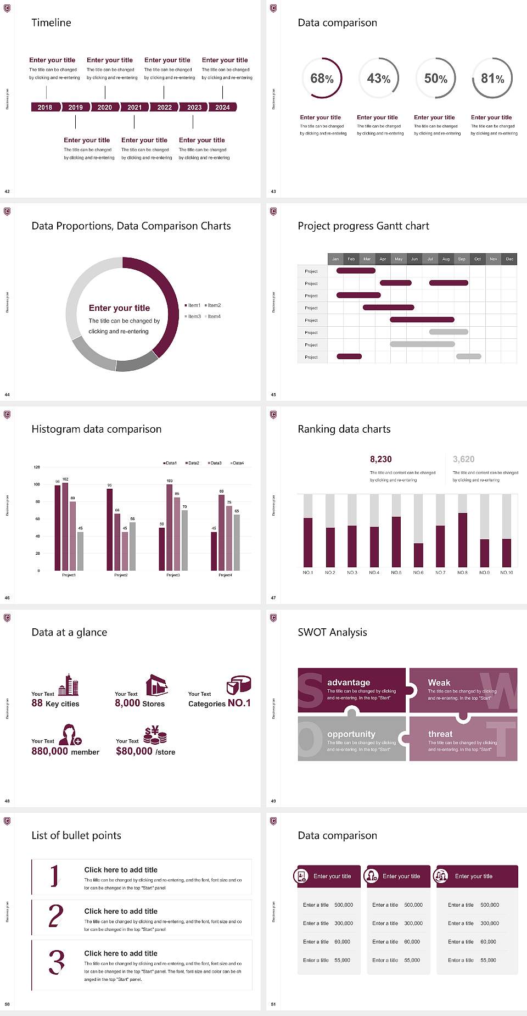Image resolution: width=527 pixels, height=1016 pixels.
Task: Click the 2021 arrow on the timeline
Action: tap(134, 107)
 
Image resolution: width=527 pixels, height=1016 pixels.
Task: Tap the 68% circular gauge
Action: tap(322, 78)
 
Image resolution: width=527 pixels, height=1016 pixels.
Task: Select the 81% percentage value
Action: tap(492, 79)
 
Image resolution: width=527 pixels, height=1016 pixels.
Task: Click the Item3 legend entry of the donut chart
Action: tap(193, 316)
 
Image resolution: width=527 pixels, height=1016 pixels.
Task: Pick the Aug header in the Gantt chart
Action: tap(446, 259)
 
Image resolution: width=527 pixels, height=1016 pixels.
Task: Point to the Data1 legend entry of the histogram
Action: tap(170, 463)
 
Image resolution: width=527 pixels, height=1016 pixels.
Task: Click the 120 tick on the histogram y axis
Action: tap(37, 467)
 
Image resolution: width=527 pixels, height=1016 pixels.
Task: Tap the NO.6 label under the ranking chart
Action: tap(418, 572)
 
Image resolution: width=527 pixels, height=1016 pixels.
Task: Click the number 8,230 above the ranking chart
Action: tap(380, 459)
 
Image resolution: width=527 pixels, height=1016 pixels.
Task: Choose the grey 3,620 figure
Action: tap(463, 459)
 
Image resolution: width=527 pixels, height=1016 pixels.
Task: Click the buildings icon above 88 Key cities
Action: tap(69, 685)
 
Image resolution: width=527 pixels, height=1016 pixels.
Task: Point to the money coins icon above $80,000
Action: tap(155, 735)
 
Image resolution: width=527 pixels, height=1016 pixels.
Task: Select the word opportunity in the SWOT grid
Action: tap(351, 734)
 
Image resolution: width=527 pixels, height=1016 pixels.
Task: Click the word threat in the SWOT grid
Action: tap(440, 734)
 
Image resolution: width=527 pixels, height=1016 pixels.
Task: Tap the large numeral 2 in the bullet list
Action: tap(56, 916)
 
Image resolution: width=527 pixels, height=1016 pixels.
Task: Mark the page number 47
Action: tap(273, 598)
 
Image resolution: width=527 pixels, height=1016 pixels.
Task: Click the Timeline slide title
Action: tap(51, 23)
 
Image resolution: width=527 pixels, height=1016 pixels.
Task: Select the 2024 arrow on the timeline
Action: tap(222, 107)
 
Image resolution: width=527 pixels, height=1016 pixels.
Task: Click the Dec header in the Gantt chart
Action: tap(509, 259)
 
